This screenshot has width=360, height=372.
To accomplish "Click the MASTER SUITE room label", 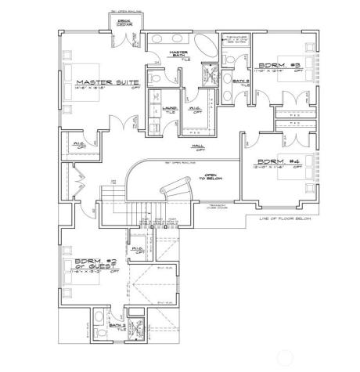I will coord(106,81).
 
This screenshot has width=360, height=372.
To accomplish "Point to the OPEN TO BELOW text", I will coord(211,177).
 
